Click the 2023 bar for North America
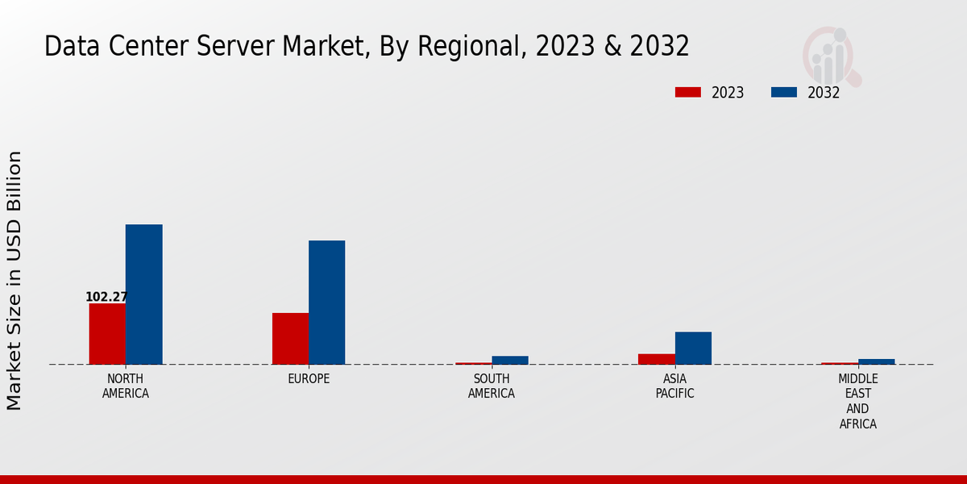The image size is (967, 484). click(107, 333)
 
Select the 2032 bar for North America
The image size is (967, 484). click(143, 294)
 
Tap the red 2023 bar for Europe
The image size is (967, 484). click(290, 338)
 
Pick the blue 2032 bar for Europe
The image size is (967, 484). click(326, 302)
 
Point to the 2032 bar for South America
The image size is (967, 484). click(509, 360)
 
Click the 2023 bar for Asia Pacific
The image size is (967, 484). click(656, 359)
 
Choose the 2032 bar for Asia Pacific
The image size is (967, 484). click(693, 348)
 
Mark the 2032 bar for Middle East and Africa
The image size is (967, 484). click(876, 361)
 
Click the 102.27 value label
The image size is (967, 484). click(106, 297)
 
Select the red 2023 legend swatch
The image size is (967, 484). click(687, 92)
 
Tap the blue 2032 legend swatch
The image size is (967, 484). click(783, 92)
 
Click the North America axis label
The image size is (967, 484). click(126, 386)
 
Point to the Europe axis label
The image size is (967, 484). click(309, 379)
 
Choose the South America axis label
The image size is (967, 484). click(492, 386)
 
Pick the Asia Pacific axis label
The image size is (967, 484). click(674, 386)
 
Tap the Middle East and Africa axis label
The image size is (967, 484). click(857, 401)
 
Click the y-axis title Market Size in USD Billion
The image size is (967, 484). click(15, 280)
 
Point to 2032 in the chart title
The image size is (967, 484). click(661, 46)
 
